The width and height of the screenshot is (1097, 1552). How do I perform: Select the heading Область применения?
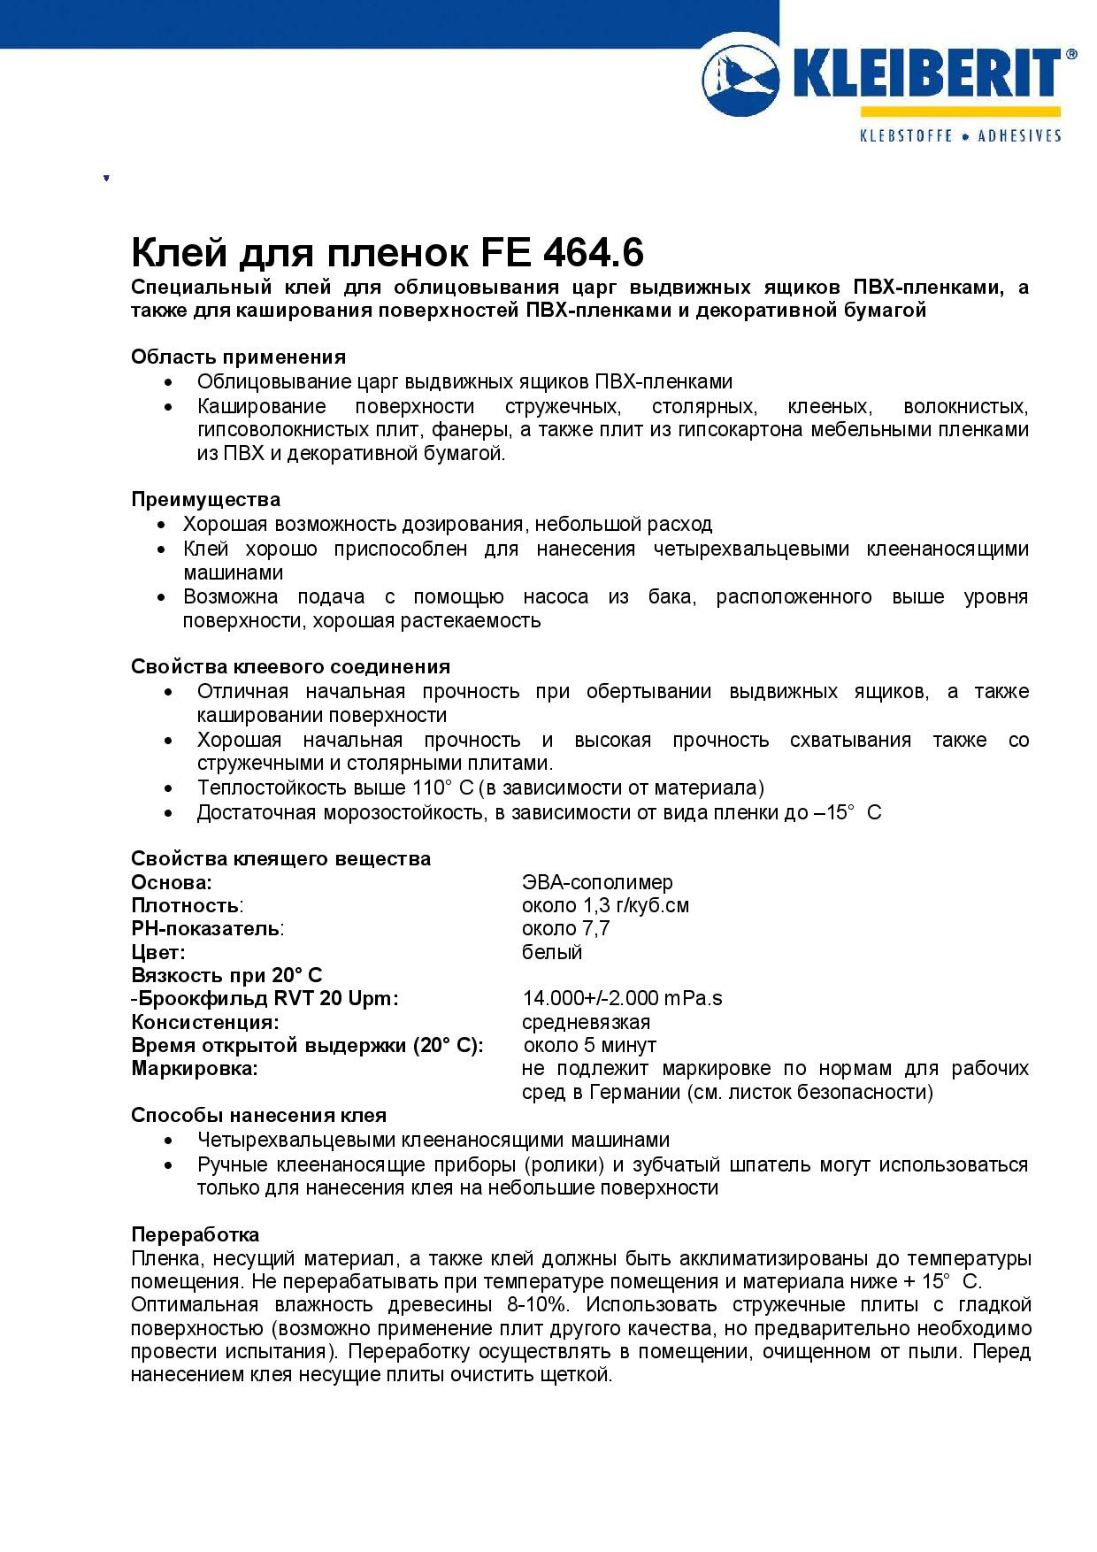[238, 357]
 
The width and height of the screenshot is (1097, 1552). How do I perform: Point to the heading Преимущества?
[205, 499]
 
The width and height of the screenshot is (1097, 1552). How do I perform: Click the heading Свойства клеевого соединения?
[290, 666]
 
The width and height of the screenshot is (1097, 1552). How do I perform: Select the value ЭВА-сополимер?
[597, 882]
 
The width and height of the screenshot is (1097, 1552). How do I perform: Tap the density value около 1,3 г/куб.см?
[605, 905]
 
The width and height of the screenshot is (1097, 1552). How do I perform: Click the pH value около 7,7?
[565, 928]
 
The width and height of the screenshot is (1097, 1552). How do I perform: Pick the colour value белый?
[552, 952]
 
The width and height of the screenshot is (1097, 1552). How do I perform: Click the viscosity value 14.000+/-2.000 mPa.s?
[622, 998]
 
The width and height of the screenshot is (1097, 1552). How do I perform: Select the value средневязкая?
[586, 1022]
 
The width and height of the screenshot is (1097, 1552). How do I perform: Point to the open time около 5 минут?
[589, 1045]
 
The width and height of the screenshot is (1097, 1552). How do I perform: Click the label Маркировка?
[195, 1068]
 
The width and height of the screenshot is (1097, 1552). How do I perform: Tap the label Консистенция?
[205, 1022]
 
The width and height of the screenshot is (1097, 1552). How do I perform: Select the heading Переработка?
[196, 1234]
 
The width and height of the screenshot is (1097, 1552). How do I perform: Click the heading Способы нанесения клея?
[258, 1115]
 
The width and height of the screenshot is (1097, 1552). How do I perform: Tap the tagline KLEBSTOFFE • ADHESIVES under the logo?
[961, 136]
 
